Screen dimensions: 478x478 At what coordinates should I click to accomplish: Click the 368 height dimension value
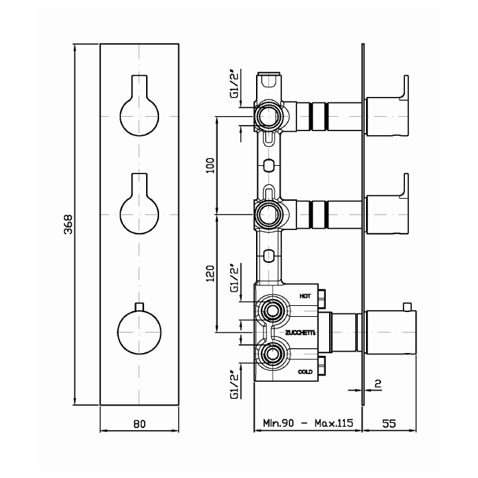coord(68,225)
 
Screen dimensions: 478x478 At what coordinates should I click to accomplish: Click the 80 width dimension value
coord(139,424)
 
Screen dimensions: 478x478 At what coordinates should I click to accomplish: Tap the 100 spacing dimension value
coord(210,165)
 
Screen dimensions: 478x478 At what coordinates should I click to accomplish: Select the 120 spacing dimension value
coord(210,273)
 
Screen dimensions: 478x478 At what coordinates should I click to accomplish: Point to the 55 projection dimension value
coord(389,423)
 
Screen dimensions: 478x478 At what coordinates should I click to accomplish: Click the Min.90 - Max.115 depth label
coord(308,423)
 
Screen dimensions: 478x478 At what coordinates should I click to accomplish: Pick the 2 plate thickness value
coord(378,384)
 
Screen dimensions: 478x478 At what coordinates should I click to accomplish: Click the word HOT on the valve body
coord(305,296)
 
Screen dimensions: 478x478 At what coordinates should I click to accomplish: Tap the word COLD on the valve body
coord(305,371)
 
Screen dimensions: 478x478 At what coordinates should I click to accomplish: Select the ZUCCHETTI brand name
coord(300,333)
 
